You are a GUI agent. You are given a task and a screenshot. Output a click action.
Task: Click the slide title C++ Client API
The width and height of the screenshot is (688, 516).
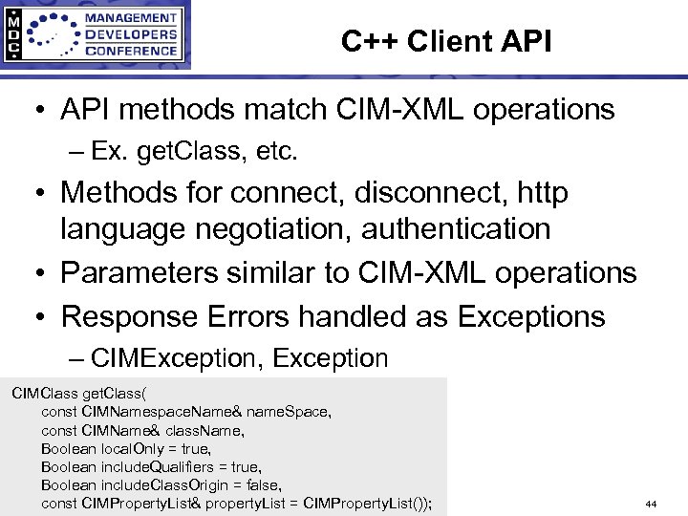[445, 41]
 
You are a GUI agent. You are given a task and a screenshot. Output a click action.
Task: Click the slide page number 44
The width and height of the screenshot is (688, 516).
[651, 504]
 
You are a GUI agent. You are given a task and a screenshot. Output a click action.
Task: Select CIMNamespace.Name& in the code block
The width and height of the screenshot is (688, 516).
[161, 411]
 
